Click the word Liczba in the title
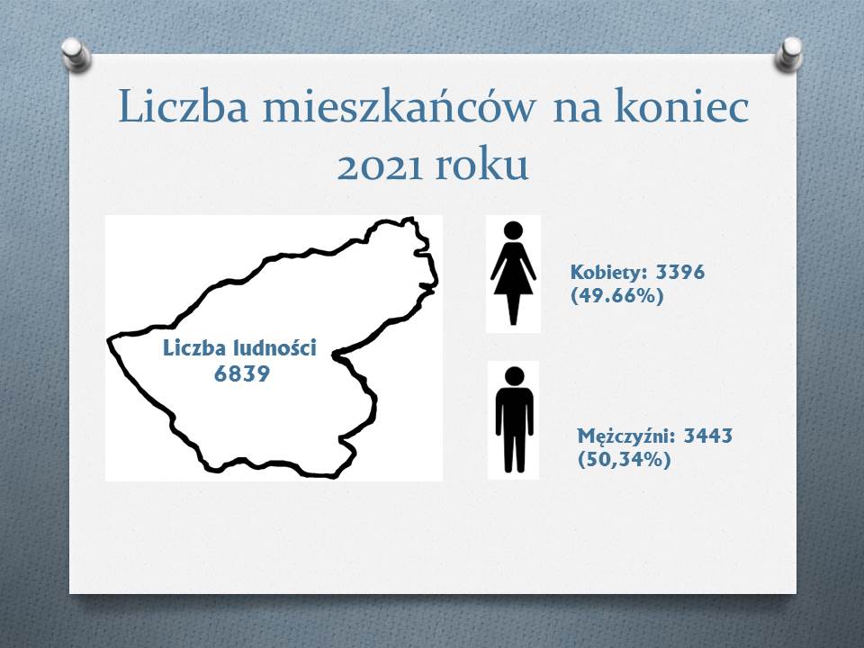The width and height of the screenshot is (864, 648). [183, 106]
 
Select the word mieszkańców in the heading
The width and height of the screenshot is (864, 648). [399, 106]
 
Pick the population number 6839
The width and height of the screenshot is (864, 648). [242, 373]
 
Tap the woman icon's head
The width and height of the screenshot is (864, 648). [513, 229]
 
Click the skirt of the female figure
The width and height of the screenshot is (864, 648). [513, 278]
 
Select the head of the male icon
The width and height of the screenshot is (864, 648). [514, 376]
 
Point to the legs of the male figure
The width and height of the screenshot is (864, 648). [514, 449]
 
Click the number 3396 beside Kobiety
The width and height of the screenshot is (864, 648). [680, 272]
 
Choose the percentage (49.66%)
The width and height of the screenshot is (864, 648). [616, 296]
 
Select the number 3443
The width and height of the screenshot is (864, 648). [708, 436]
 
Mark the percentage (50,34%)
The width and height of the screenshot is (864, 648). [625, 459]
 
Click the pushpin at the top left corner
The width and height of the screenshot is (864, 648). [76, 54]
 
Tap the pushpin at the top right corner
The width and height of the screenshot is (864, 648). [788, 54]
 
